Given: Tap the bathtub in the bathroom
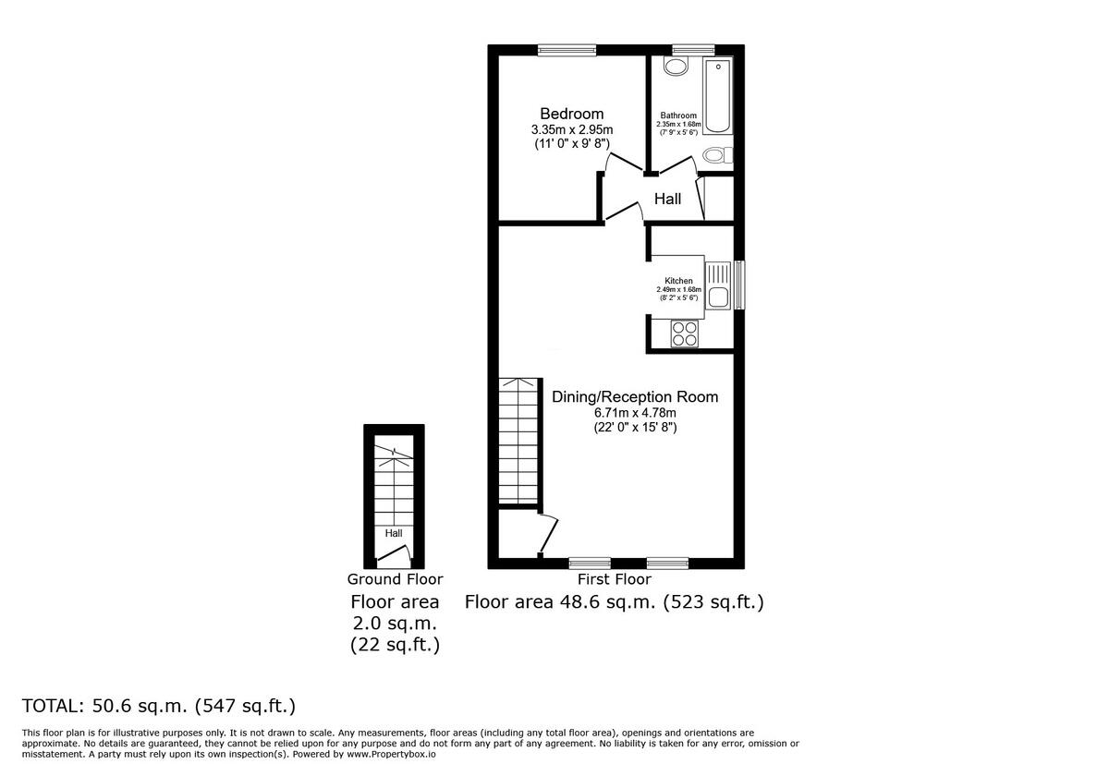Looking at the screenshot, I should (x=717, y=97).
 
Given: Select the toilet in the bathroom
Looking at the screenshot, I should (x=717, y=154).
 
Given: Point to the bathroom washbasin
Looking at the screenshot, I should (x=676, y=66).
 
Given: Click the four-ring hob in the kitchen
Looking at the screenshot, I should (x=685, y=333).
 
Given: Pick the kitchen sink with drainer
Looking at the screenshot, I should (x=717, y=285).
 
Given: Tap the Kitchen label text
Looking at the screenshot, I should (x=678, y=281).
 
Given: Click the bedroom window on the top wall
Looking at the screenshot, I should (x=567, y=50).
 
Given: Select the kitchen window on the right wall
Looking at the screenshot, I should (x=739, y=285).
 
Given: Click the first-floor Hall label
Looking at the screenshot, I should (x=667, y=199).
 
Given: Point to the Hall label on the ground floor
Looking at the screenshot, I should (x=394, y=533).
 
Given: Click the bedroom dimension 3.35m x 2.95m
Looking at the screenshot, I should (x=572, y=130).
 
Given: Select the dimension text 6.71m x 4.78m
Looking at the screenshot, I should (x=634, y=413).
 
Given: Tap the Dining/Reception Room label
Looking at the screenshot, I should (x=635, y=396).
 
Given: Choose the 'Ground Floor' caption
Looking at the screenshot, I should (x=395, y=579).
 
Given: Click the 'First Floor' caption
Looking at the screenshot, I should (x=614, y=579).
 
